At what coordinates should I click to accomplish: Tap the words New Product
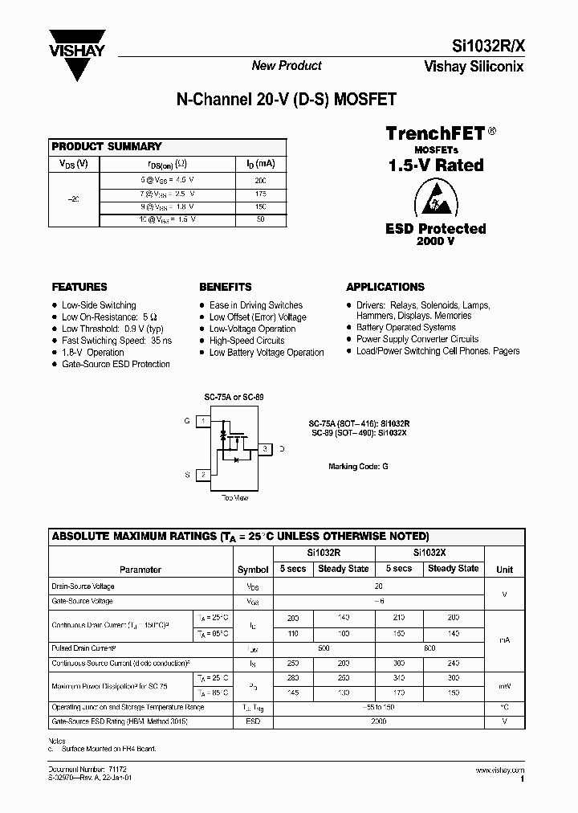(287, 66)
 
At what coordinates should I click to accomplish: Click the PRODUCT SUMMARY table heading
(107, 146)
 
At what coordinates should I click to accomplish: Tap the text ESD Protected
(436, 229)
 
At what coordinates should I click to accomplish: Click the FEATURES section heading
(79, 287)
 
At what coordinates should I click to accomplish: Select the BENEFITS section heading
(225, 287)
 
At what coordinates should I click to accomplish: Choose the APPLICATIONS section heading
(385, 287)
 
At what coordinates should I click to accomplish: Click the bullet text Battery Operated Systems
(406, 328)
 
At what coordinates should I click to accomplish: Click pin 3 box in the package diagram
(266, 448)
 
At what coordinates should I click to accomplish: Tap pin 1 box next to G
(204, 421)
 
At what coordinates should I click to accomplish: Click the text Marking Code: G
(358, 466)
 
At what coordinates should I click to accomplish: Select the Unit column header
(504, 569)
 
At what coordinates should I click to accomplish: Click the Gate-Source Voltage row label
(83, 601)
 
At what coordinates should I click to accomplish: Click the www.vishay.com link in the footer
(499, 770)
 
